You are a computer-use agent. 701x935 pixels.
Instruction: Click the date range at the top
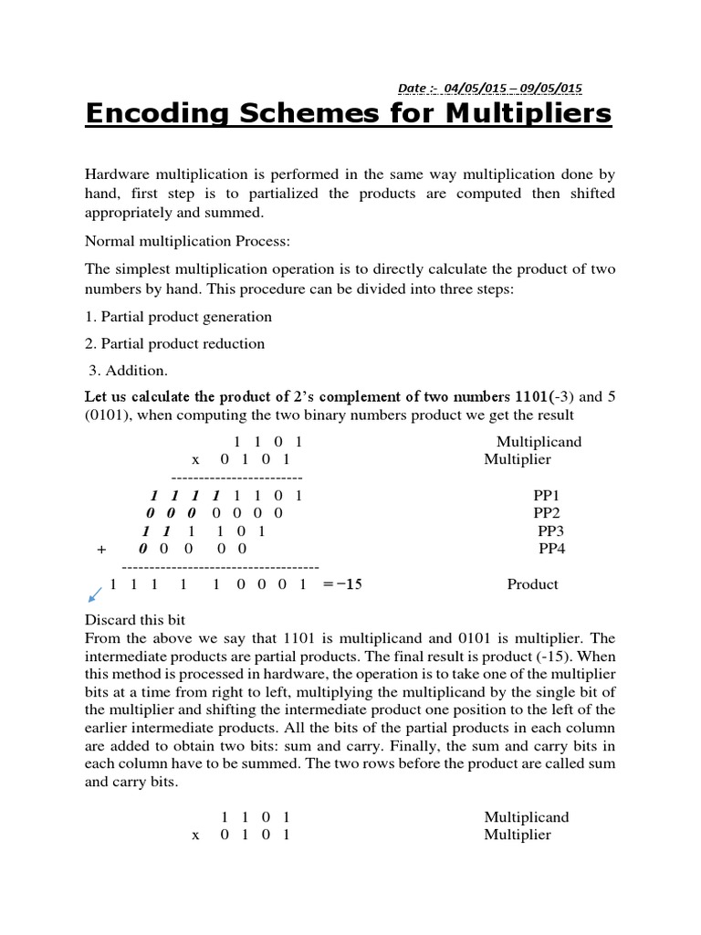[x=490, y=88]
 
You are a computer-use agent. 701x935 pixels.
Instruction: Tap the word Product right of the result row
[x=532, y=584]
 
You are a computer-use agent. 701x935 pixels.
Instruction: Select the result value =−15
[x=342, y=584]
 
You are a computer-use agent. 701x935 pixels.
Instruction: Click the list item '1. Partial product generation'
[x=178, y=317]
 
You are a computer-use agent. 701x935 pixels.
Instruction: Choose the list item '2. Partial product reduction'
[x=174, y=344]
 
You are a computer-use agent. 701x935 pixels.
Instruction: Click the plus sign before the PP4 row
[x=101, y=550]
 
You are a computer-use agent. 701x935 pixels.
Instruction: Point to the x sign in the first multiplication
[x=195, y=460]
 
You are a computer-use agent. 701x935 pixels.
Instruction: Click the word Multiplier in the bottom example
[x=518, y=835]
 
